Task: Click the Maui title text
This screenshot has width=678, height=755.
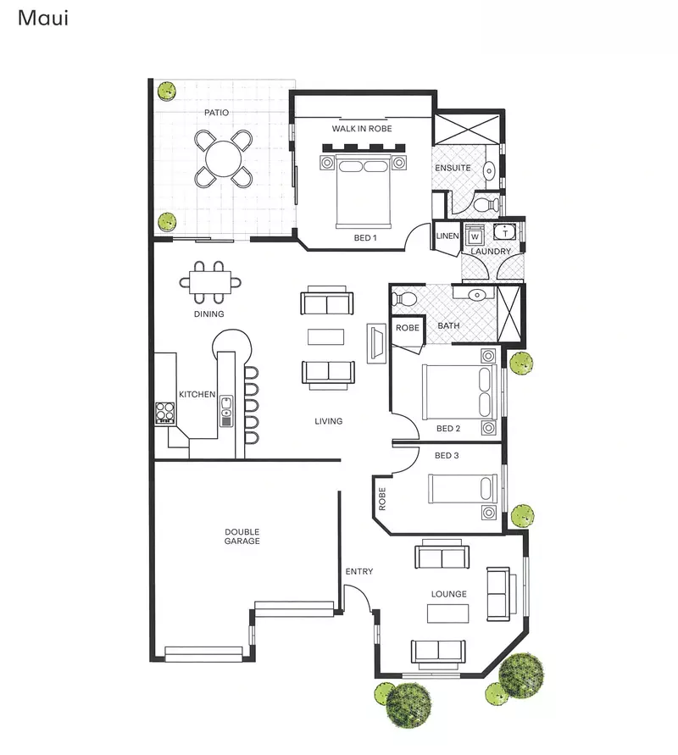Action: [42, 18]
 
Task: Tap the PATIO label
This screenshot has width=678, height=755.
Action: [216, 112]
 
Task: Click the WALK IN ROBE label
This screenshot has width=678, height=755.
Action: [362, 129]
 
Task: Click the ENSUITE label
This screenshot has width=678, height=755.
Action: [453, 168]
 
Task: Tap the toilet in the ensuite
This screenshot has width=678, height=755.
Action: [485, 204]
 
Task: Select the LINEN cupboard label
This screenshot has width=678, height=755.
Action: [447, 236]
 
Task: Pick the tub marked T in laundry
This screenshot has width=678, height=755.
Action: [505, 232]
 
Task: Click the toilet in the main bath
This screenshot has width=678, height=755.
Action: [404, 298]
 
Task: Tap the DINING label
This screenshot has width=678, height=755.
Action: [208, 314]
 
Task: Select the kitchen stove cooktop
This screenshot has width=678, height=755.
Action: [164, 413]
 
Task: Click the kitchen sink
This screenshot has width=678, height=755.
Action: [226, 412]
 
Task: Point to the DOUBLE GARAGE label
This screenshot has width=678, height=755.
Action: [242, 536]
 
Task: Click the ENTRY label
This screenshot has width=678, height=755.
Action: [358, 572]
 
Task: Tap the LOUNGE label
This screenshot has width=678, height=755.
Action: [448, 594]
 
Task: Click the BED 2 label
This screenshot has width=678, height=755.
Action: [448, 429]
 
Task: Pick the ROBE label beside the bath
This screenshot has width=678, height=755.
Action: [408, 327]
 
